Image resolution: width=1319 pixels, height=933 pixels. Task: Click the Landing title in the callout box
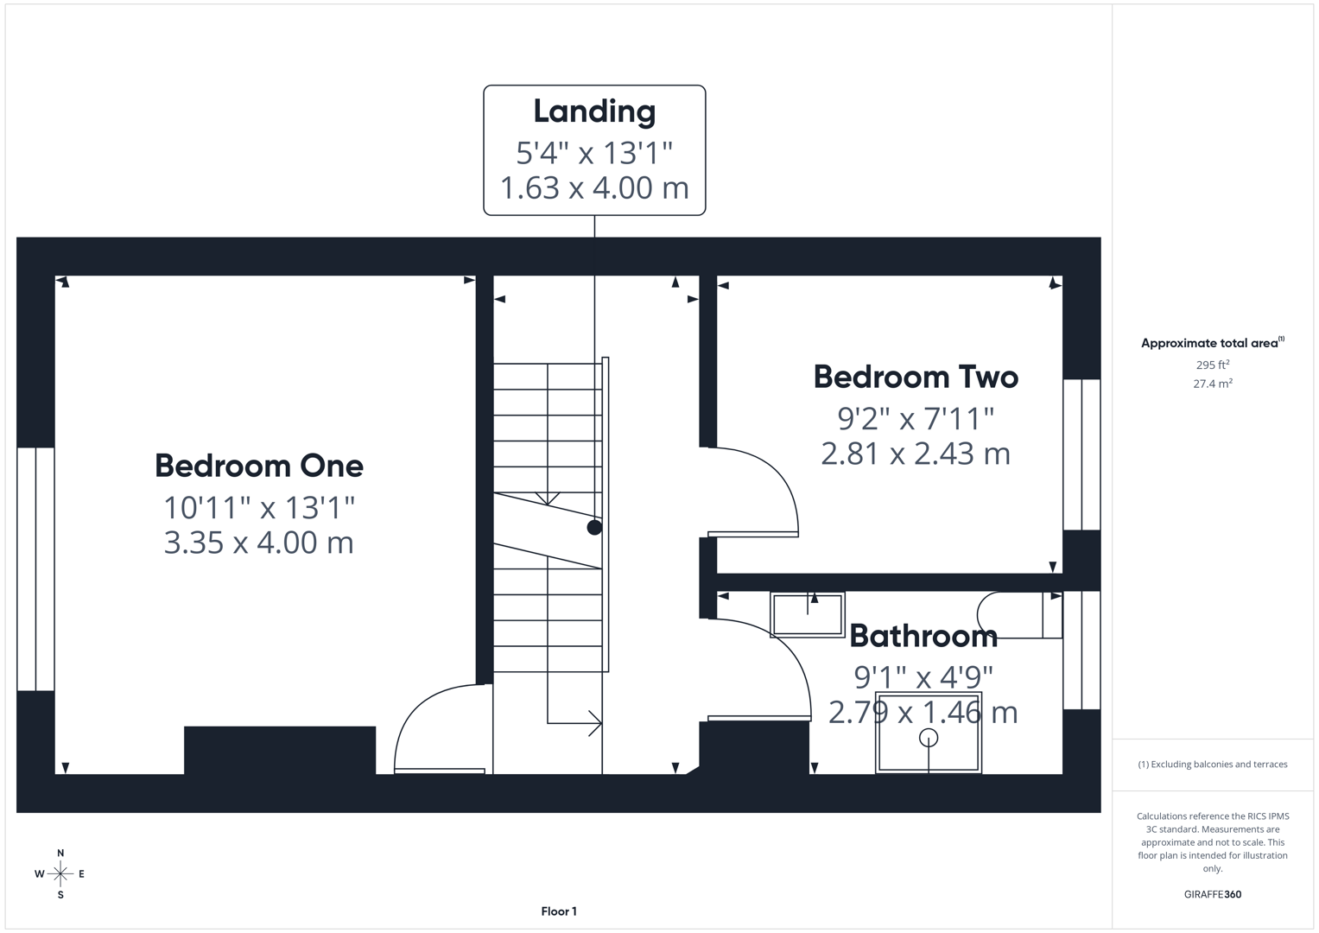point(594,111)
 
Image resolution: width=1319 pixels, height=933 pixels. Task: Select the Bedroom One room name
point(259,466)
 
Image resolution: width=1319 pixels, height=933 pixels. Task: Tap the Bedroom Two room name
point(916,377)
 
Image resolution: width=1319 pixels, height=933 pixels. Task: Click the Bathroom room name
point(923,636)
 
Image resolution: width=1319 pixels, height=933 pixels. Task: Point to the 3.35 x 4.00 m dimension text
point(259,543)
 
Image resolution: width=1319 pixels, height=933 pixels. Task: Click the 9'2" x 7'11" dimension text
point(916,419)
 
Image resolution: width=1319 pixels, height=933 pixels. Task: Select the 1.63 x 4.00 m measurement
point(594,187)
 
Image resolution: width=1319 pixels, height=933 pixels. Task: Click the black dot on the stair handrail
point(594,527)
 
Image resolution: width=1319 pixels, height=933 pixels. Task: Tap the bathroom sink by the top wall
point(807,614)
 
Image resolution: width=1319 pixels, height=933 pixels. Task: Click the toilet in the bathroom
point(1015,615)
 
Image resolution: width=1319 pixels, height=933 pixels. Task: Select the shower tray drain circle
point(929,737)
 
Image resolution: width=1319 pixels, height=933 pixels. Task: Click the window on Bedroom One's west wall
point(35,568)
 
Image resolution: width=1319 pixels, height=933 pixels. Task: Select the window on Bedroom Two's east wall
point(1081,454)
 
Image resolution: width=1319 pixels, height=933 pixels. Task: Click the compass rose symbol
point(60,874)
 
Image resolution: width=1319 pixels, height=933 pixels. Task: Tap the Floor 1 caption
point(559,911)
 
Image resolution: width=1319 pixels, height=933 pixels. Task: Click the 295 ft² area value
point(1213,365)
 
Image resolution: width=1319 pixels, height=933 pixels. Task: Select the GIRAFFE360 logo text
point(1212,894)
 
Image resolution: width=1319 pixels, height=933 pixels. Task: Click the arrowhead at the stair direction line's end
point(595,723)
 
